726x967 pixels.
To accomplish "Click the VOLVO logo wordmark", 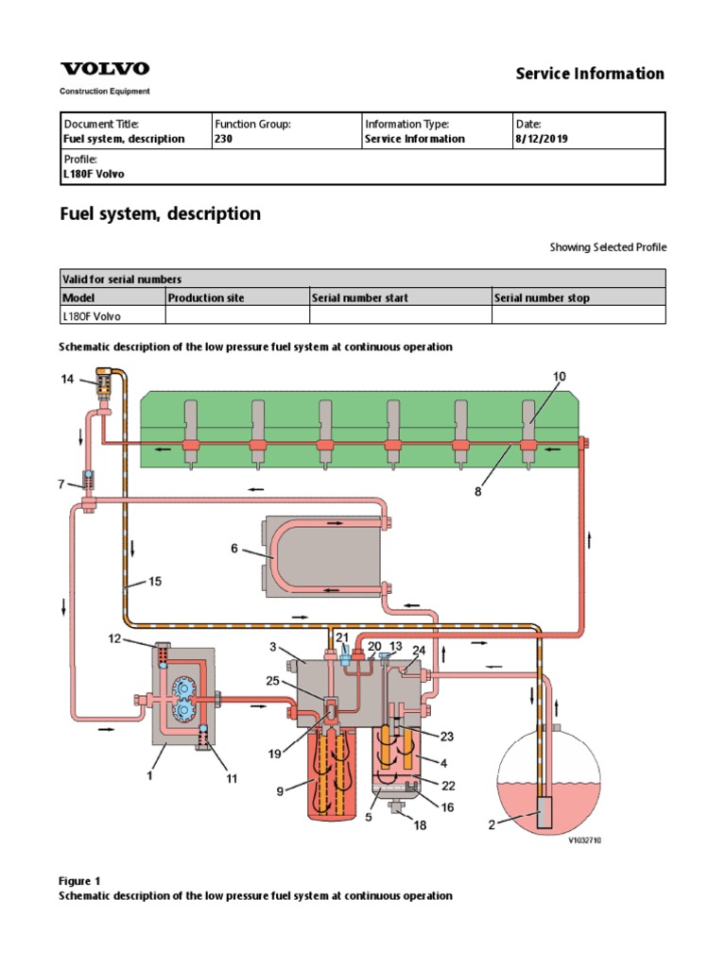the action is [104, 68].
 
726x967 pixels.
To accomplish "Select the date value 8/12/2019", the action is [542, 139].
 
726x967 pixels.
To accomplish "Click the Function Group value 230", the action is [223, 139].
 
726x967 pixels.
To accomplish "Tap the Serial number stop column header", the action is [542, 297].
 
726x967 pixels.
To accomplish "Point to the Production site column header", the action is [206, 297].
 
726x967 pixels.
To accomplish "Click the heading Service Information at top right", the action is [590, 74].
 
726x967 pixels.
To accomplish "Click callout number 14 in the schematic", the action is [67, 379].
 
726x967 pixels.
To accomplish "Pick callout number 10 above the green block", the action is [559, 376].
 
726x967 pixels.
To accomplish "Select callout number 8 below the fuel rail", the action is [477, 491].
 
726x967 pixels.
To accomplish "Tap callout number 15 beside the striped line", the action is [155, 581].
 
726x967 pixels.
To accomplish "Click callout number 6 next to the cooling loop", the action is [234, 548].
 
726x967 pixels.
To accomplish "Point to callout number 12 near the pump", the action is [114, 638].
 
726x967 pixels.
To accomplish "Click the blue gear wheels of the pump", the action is [183, 700].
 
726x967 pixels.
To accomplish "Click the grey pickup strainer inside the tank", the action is [544, 813].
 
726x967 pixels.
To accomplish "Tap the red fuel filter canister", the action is [332, 774].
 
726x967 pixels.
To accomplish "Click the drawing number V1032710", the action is [584, 840].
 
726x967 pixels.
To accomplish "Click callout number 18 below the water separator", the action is [420, 824].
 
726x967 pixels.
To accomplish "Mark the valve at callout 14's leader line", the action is [105, 383].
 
